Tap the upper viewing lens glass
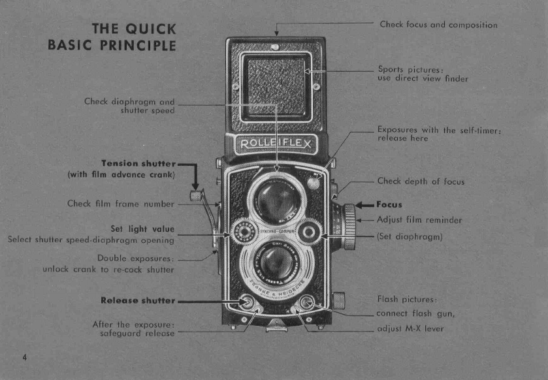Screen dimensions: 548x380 (277, 200)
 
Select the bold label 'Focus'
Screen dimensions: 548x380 (389, 204)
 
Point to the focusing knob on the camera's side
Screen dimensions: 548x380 (349, 226)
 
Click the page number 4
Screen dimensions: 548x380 (24, 356)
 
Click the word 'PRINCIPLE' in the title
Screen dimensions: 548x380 (137, 45)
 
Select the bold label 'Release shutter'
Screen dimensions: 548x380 (138, 300)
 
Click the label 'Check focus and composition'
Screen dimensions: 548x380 (438, 25)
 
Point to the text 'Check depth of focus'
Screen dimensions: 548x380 (421, 182)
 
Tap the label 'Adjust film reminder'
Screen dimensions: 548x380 (419, 220)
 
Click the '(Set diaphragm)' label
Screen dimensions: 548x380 (410, 236)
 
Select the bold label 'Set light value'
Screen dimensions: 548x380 (143, 229)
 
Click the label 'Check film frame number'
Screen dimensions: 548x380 (121, 204)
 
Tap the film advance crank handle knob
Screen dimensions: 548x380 (194, 195)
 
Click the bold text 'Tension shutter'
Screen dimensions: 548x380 (138, 163)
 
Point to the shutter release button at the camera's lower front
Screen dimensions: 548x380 (247, 302)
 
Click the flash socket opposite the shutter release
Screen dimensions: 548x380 (305, 302)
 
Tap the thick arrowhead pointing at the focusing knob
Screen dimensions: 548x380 (360, 205)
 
